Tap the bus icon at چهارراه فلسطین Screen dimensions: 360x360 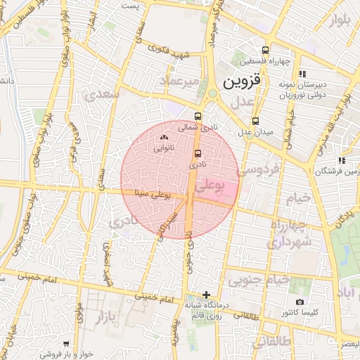pos(265,51)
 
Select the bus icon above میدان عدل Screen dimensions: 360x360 pos(255,120)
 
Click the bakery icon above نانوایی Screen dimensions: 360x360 pos(165,138)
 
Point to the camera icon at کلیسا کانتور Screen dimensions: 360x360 pos(300,302)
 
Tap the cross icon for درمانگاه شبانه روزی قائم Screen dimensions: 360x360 pos(206,294)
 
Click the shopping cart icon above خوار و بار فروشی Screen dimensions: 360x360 pos(66,345)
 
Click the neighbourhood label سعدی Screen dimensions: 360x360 pos(101,94)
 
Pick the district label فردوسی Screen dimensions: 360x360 pos(258,169)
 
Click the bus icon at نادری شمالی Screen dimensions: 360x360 pos(198,117)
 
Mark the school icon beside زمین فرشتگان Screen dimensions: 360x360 pos(342,160)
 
